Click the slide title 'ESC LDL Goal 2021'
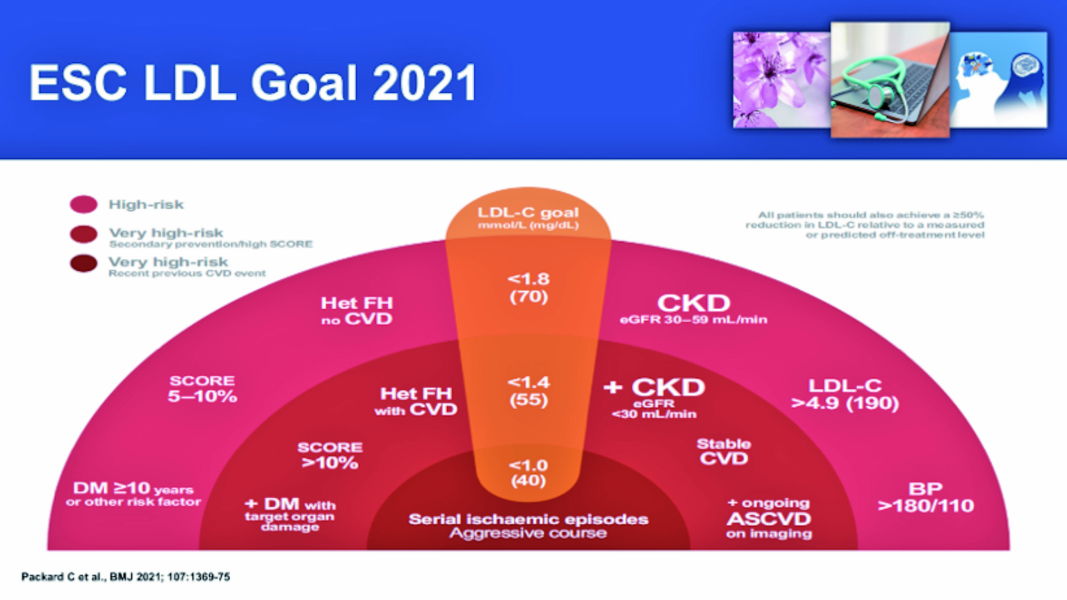(253, 83)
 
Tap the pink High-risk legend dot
(84, 204)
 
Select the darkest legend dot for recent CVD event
(84, 263)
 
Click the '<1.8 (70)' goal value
(529, 288)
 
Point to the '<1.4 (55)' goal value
(529, 391)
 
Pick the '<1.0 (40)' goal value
(528, 472)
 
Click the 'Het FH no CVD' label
(357, 310)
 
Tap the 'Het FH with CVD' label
(416, 401)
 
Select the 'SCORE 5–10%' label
(202, 388)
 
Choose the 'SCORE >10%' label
(329, 455)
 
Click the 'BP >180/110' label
(926, 497)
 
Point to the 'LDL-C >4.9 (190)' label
(845, 394)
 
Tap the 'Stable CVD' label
(724, 451)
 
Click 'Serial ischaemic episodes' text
(528, 519)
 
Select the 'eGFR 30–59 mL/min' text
(694, 319)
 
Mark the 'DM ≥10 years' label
(133, 488)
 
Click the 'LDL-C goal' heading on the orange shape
(528, 212)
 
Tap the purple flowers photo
(782, 80)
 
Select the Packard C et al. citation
(126, 577)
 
